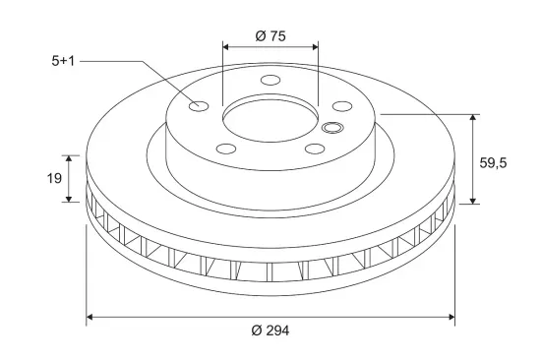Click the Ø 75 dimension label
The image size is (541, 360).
(270, 35)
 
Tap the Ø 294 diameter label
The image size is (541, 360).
(270, 330)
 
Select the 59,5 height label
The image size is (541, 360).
(493, 162)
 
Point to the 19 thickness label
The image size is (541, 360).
(54, 178)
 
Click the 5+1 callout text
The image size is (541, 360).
(63, 61)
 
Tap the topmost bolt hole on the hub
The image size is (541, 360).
(270, 80)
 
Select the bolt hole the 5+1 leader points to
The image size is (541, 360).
(199, 105)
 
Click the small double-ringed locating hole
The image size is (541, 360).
(331, 127)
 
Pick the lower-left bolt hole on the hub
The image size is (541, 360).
(226, 149)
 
